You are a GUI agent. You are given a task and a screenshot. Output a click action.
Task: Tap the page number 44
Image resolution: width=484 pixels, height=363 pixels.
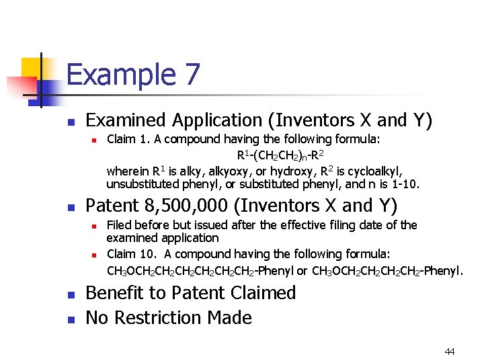(450, 352)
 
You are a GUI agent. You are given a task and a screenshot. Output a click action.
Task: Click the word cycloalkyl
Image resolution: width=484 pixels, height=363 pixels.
(372, 170)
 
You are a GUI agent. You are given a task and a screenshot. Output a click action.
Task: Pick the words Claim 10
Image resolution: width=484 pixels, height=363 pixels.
(131, 254)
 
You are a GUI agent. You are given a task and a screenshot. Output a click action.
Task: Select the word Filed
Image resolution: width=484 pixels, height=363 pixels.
(119, 225)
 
